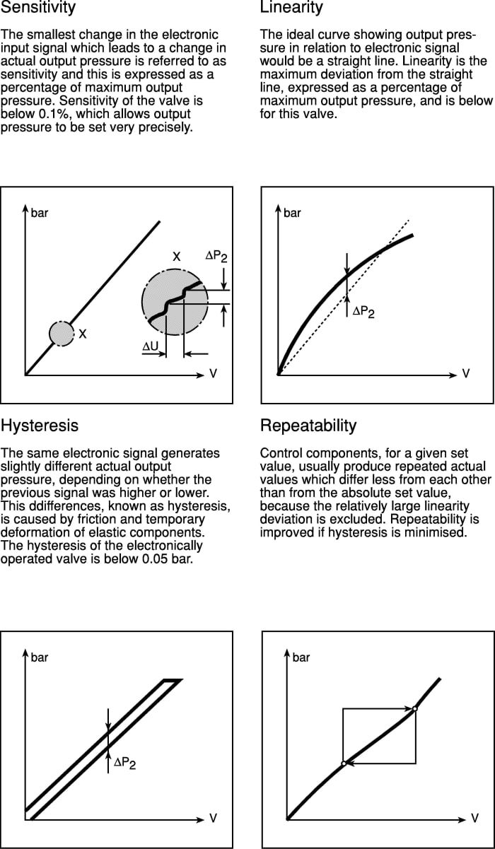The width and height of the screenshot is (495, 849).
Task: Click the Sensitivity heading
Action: [x=38, y=8]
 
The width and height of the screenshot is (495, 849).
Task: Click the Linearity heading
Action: [x=291, y=8]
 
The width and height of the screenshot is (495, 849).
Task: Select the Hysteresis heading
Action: [x=40, y=426]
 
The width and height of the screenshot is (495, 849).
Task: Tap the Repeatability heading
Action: [x=308, y=426]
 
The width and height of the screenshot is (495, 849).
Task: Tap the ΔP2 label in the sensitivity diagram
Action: [x=216, y=257]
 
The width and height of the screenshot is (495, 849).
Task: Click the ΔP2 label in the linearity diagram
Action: [x=363, y=311]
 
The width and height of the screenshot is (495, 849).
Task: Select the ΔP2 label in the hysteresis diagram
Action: [x=124, y=763]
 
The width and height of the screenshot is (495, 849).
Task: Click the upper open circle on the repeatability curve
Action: [x=415, y=708]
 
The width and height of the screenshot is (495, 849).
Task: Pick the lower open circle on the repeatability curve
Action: [x=343, y=763]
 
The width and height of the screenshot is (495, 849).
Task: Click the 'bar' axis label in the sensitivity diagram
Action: [x=40, y=213]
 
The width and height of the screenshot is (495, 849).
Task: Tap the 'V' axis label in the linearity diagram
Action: [x=466, y=373]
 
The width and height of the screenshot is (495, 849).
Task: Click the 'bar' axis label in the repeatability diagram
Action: [x=301, y=657]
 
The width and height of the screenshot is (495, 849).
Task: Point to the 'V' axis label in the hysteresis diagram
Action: [x=213, y=818]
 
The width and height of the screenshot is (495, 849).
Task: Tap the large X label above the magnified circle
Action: [x=177, y=257]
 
